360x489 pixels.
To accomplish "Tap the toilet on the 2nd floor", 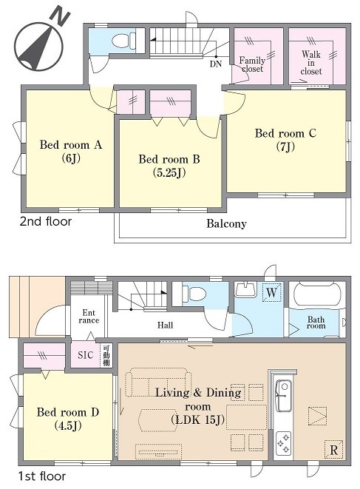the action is click(123, 40).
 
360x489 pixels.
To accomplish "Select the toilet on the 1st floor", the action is click(194, 294).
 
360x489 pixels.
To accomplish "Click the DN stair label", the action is click(215, 64).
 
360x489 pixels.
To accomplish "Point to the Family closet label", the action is click(252, 64).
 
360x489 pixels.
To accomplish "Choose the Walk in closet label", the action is click(311, 63).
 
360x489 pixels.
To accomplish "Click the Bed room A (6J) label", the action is click(71, 151).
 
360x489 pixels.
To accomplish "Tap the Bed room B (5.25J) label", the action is click(169, 165).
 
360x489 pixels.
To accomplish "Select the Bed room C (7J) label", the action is click(285, 139).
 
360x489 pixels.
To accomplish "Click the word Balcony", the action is click(226, 223).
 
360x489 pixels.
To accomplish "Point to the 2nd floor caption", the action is click(46, 221).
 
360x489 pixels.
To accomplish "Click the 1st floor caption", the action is click(42, 476).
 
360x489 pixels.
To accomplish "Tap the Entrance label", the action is click(89, 316).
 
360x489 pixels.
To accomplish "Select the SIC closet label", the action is click(85, 355).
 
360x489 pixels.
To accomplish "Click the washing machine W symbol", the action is click(271, 292).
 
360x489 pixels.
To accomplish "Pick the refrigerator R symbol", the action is click(333, 450).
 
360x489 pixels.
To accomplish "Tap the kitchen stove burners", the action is click(284, 443).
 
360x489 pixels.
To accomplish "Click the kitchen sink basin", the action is click(284, 396).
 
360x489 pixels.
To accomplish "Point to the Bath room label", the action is click(316, 323).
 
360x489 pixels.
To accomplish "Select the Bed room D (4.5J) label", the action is click(68, 418).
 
